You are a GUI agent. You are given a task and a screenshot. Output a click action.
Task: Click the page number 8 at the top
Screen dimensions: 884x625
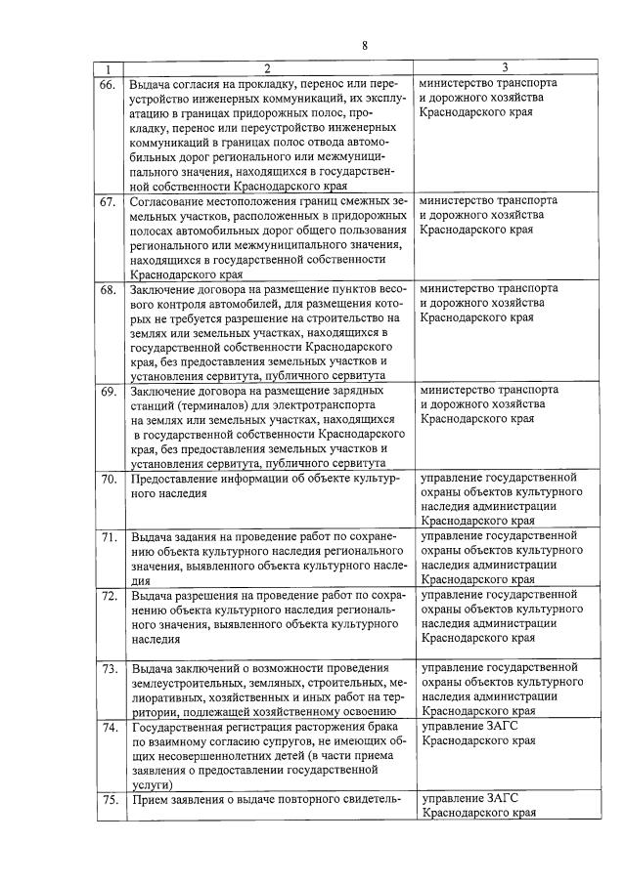(x=364, y=46)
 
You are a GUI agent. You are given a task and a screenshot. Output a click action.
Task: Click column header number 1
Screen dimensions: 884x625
(x=109, y=68)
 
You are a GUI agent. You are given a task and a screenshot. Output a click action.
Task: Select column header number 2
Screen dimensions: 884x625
(x=266, y=68)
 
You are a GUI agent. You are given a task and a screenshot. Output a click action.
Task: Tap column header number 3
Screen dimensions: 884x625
(x=505, y=68)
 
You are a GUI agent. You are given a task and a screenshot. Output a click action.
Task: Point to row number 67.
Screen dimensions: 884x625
(x=108, y=201)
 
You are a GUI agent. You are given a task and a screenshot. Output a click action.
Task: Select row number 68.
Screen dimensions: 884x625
(x=108, y=290)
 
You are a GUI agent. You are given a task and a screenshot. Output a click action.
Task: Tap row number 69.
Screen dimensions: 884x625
(x=108, y=392)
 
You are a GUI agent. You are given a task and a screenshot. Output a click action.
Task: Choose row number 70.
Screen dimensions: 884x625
(x=108, y=479)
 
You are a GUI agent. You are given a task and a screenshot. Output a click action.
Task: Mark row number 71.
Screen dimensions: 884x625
(x=108, y=537)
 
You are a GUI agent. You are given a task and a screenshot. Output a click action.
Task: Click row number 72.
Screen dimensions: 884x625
(x=108, y=595)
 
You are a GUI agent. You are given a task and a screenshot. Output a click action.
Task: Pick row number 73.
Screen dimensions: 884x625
(x=108, y=669)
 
